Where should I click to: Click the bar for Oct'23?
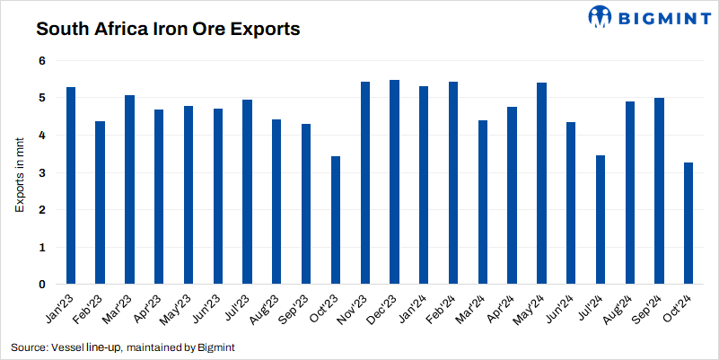tap(336, 220)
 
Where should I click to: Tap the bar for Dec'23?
tap(394, 182)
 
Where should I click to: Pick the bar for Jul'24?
tap(601, 220)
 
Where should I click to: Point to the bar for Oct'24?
tap(688, 224)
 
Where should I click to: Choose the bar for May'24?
tap(541, 183)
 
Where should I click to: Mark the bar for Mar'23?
tap(129, 189)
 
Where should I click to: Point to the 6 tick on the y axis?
tap(40, 60)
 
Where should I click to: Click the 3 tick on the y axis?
tap(40, 172)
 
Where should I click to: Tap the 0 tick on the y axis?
tap(40, 285)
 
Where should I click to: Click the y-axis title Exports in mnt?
tap(21, 172)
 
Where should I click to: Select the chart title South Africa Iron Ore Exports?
tap(167, 30)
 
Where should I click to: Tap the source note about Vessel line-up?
tap(123, 347)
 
